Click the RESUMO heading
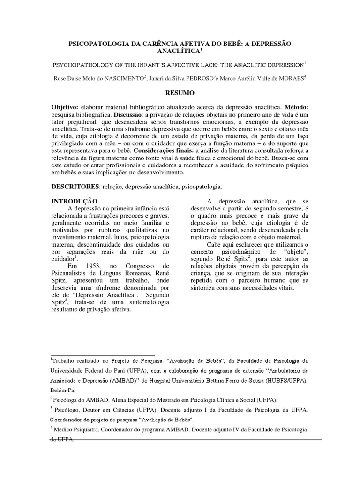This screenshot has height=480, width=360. click(x=180, y=93)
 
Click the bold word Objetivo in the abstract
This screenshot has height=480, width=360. click(x=67, y=107)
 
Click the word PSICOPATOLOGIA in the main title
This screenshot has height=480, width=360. click(x=101, y=44)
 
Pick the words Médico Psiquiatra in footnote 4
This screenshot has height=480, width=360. click(x=75, y=429)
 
